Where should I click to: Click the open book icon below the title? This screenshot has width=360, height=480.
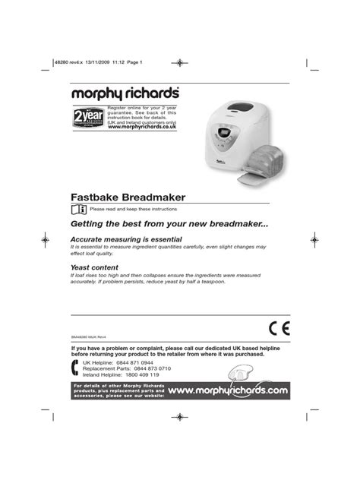tap(78, 207)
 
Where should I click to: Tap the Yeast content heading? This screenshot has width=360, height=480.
tap(99, 267)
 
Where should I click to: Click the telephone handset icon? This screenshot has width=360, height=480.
tap(74, 370)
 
